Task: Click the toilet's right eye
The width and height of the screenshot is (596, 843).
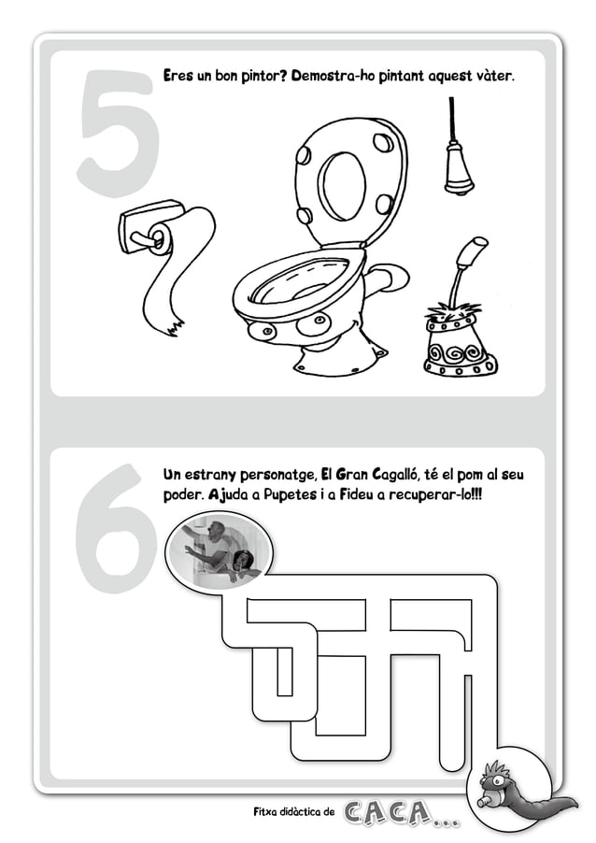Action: pos(319,321)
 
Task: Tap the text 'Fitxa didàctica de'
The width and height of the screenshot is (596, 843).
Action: pos(293,812)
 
